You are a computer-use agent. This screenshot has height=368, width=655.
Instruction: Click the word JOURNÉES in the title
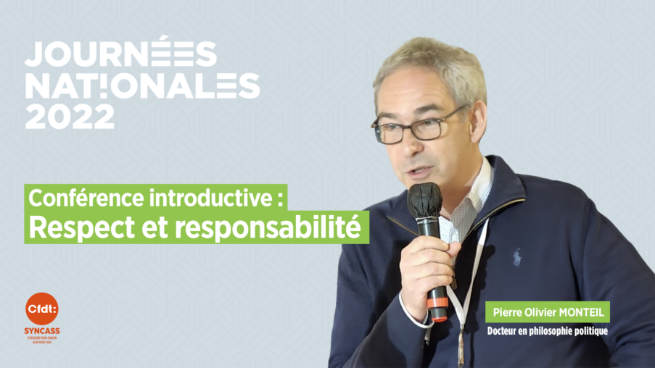(120, 54)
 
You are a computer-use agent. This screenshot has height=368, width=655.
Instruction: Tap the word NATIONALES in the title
(142, 85)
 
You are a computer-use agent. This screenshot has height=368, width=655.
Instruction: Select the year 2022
(69, 117)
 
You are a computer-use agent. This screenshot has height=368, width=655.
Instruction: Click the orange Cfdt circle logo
(41, 309)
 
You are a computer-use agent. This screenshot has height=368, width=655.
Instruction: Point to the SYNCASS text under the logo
(41, 331)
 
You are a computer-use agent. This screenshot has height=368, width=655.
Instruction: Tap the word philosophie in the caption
(553, 332)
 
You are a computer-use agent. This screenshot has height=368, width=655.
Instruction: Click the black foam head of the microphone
(424, 199)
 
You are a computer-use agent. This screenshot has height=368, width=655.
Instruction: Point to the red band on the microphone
(438, 313)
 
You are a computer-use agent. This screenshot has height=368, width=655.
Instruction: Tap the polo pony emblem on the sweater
(516, 256)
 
